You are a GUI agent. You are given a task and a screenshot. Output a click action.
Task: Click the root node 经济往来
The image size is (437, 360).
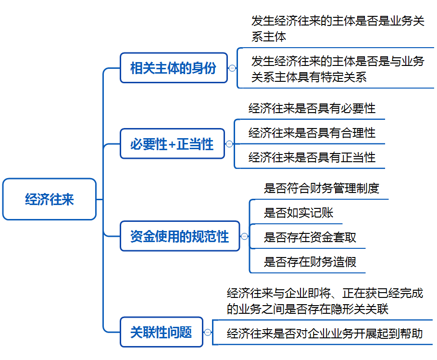coord(50,199)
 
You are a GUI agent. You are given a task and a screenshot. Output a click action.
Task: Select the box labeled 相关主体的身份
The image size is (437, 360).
coord(174,68)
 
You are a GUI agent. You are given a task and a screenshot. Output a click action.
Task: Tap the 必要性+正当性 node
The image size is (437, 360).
coord(172,144)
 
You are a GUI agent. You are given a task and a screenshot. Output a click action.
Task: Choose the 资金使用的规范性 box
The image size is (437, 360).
coord(180,236)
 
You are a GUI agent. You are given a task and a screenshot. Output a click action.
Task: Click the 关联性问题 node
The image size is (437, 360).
coord(162,332)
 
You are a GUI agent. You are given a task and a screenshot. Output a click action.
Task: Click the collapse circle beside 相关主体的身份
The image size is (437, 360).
coord(232,68)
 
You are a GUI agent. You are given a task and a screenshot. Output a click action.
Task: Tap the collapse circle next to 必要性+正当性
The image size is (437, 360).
coord(229,144)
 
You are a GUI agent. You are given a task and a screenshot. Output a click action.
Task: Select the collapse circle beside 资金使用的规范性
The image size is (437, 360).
coord(244,236)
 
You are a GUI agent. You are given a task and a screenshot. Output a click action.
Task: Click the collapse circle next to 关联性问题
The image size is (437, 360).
coord(207,332)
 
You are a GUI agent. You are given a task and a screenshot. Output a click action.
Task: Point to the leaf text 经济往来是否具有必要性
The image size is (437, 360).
coord(312,108)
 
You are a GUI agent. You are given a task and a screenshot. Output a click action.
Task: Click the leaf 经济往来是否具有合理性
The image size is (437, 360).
coord(312,133)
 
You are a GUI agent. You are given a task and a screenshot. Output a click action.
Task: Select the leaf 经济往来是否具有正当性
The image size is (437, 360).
coord(312,157)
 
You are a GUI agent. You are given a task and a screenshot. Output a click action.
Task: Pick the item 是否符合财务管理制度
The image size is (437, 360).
coord(321,188)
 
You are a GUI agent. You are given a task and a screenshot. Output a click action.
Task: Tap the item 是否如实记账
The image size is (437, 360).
coord(299,213)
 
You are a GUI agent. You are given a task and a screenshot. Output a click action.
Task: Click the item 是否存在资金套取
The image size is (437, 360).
coord(310,237)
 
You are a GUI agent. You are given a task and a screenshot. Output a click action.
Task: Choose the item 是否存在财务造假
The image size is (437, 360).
coord(310,262)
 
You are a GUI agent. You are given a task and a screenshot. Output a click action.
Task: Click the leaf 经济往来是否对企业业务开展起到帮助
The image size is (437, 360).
coord(325,334)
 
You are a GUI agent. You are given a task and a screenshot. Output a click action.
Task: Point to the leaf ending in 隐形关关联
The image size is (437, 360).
coord(325,301)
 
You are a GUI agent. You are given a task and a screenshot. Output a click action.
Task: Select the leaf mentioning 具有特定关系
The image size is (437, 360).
coord(338,69)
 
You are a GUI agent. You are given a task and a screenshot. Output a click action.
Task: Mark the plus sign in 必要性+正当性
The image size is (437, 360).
coord(172,144)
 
